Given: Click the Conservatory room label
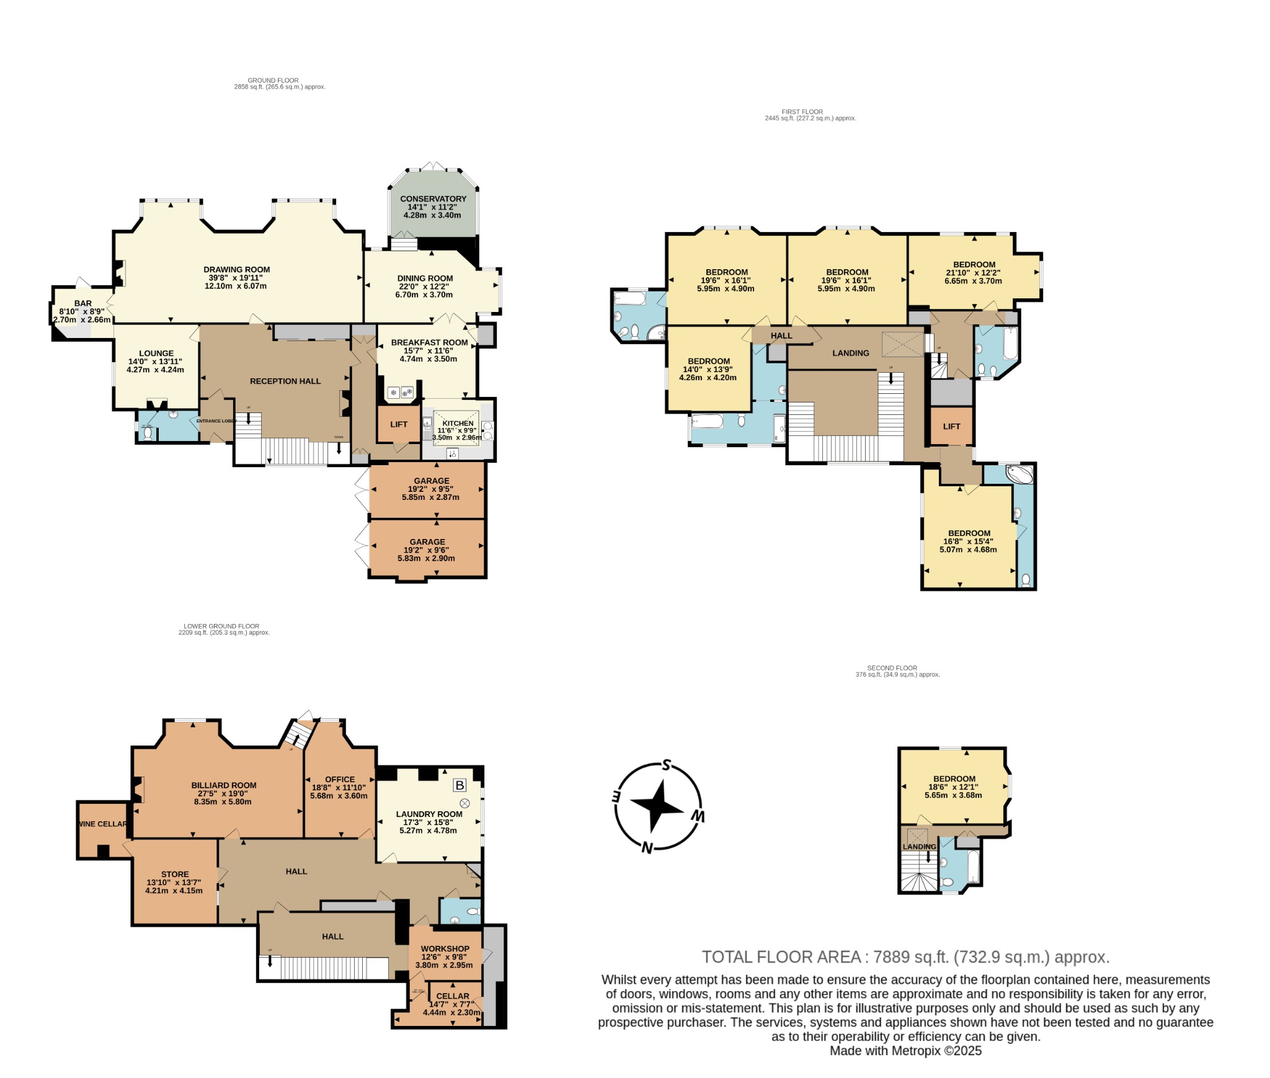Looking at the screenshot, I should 433,199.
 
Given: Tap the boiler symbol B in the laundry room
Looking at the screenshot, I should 460,785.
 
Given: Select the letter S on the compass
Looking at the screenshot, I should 667,764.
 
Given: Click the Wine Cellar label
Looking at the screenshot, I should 102,824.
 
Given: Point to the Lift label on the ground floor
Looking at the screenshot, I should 399,424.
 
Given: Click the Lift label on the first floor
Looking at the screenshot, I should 951,426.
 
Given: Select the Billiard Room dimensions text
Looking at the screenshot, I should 223,797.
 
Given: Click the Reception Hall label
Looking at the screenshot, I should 285,381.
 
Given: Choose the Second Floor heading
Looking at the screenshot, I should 892,668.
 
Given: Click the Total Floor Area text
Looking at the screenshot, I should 905,957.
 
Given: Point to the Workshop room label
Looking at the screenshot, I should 445,948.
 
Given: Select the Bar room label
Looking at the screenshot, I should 83,303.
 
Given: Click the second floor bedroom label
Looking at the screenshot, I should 954,778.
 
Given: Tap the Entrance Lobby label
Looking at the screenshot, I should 216,421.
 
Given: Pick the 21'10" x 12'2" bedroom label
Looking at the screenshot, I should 974,264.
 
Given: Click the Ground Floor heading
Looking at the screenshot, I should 273,80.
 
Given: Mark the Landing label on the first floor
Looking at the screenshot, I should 850,353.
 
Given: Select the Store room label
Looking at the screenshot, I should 175,874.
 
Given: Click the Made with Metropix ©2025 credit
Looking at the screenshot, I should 905,1051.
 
